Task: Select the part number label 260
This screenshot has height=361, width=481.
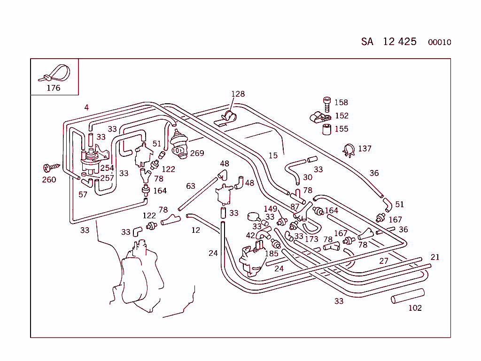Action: click(49, 180)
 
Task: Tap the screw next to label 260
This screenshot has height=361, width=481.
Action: click(50, 167)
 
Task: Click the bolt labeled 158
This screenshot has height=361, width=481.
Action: click(327, 103)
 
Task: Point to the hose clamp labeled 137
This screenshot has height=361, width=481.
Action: click(349, 150)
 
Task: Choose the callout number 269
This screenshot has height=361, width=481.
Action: click(197, 153)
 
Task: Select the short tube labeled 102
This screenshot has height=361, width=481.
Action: click(408, 296)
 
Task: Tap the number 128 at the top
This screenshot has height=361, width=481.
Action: click(238, 94)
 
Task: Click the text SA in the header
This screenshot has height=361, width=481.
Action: click(367, 42)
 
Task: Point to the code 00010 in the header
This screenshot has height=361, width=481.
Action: click(439, 42)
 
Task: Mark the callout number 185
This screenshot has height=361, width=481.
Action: click(272, 253)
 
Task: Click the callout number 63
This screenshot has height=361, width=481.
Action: click(190, 186)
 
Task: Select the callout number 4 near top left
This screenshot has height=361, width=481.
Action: click(86, 108)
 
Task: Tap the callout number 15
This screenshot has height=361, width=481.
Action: click(273, 155)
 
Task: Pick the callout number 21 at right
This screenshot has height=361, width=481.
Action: click(435, 257)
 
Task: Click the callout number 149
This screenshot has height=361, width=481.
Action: click(270, 209)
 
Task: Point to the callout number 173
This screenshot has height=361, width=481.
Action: click(311, 239)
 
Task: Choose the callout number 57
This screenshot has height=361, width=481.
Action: click(83, 194)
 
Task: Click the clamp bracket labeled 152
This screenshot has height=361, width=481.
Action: click(318, 116)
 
